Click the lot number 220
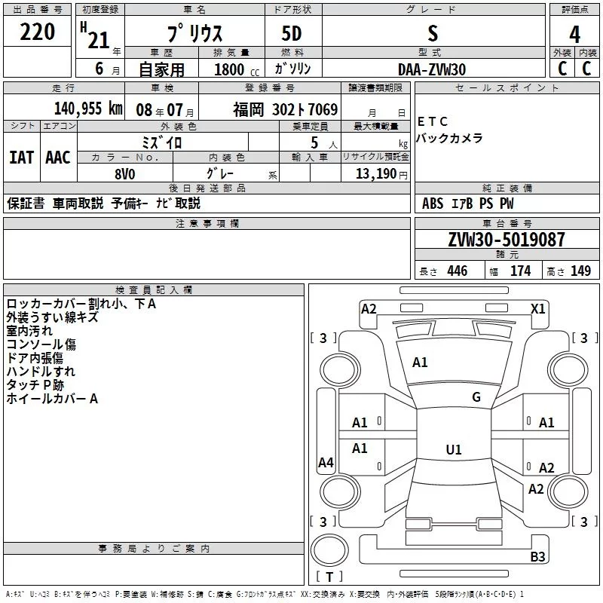tap(37, 32)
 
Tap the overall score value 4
tap(574, 34)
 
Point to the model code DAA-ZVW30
tap(432, 69)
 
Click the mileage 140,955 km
tap(87, 109)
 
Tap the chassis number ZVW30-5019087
tap(506, 240)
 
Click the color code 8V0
tap(124, 173)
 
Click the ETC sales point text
tap(433, 121)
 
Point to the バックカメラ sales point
tap(449, 138)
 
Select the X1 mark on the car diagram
tap(538, 308)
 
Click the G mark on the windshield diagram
tap(476, 397)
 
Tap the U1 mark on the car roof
tap(453, 450)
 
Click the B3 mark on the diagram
tap(537, 557)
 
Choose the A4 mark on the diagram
tap(326, 463)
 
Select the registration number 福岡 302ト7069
tap(285, 109)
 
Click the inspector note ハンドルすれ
tap(41, 372)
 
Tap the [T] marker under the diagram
tap(329, 577)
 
